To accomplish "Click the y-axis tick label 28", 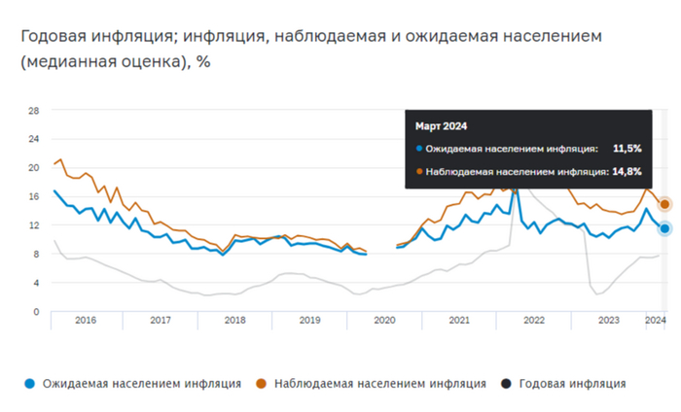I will (32, 110).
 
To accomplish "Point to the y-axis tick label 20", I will (32, 167).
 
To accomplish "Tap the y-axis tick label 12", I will (32, 224).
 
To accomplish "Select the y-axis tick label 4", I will (34, 282).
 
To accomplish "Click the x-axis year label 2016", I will (86, 319).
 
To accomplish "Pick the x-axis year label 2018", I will (235, 319).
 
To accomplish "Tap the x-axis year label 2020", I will (384, 319).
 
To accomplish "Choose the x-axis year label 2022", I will (534, 319).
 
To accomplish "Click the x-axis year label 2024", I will (655, 319).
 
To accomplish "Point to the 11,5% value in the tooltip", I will (627, 149).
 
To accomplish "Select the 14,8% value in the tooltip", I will (627, 171).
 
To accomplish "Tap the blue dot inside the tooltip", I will (419, 149).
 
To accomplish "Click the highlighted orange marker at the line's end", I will (665, 204).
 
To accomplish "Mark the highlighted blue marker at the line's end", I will (665, 228).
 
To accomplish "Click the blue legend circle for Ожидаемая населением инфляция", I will (31, 384).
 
